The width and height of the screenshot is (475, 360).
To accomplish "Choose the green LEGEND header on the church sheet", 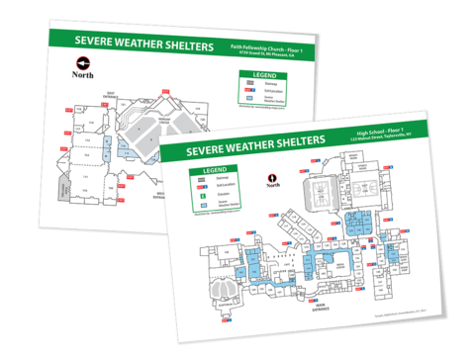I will (265, 75).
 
